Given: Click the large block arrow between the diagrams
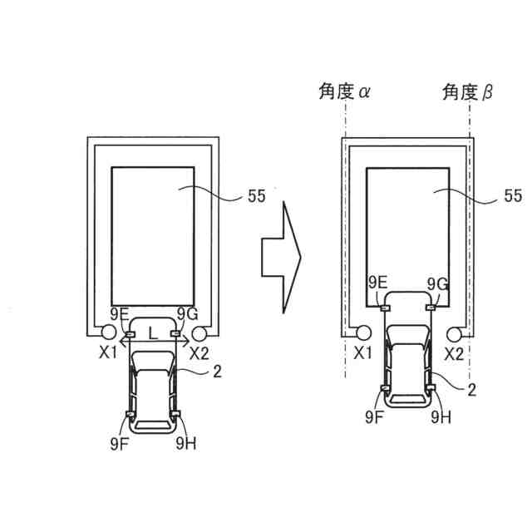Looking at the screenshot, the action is click(281, 257).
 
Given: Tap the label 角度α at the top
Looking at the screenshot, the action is click(344, 91).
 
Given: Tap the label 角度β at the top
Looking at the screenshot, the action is click(467, 92).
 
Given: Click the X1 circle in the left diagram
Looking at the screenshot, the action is click(109, 332).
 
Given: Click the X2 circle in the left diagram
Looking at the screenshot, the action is click(199, 333).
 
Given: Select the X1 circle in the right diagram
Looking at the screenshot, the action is click(363, 333).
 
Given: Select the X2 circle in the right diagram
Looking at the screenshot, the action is click(454, 334).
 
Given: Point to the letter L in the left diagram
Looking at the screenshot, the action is click(153, 334).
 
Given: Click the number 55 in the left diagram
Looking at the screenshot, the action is click(257, 196).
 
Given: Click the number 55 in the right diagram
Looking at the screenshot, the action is click(513, 196).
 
